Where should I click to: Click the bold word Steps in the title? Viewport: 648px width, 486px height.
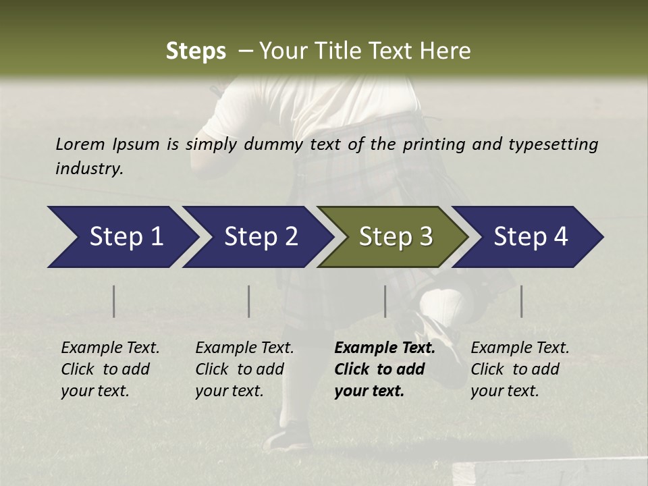point(196,51)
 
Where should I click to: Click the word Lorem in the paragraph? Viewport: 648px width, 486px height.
point(80,144)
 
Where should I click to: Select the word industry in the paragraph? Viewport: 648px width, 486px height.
point(88,168)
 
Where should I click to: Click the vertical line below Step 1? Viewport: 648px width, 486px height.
point(114,301)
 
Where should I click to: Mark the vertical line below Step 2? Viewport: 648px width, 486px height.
point(249,301)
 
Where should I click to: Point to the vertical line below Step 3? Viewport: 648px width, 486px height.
point(385,301)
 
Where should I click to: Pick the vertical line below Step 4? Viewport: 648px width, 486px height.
point(521,301)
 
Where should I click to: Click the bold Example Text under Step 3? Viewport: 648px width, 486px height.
point(385,348)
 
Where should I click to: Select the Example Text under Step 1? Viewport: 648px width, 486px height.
point(110,348)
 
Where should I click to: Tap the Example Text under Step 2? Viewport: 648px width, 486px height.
point(244,348)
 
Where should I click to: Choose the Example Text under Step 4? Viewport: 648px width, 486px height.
point(520,348)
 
